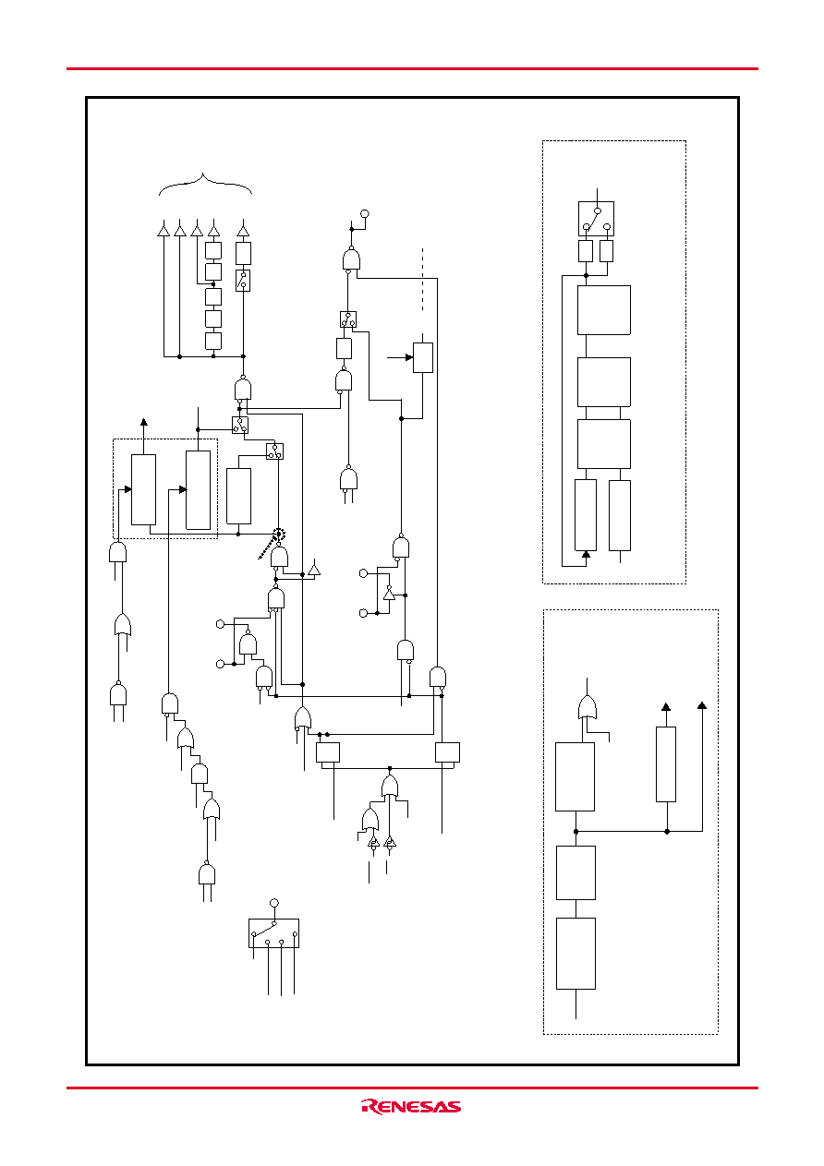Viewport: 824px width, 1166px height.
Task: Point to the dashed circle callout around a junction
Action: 279,534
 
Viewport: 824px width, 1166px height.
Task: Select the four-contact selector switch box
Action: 274,933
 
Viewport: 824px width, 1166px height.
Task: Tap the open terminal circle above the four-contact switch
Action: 274,903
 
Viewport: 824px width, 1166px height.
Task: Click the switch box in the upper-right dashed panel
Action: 596,219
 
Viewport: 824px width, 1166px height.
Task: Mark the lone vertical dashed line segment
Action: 422,280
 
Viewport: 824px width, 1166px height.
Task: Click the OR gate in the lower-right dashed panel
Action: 587,708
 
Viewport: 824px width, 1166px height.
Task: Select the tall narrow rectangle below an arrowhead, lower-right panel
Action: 666,764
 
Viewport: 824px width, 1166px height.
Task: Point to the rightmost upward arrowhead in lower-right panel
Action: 702,706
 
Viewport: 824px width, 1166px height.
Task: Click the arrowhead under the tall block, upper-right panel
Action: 586,555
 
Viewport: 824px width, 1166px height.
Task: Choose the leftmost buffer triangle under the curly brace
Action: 164,230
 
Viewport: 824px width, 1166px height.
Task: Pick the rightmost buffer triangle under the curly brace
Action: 243,230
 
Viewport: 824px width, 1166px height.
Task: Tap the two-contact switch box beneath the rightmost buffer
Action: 243,281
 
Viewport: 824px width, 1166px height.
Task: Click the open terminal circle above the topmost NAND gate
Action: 365,213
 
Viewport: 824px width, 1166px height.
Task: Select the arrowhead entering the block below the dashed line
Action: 409,357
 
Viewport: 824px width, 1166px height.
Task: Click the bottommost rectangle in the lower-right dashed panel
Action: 576,954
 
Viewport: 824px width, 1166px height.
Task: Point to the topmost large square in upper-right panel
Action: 603,309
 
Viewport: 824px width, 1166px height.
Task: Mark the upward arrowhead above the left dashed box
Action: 144,422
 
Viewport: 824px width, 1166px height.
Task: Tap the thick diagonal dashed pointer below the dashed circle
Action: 267,549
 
